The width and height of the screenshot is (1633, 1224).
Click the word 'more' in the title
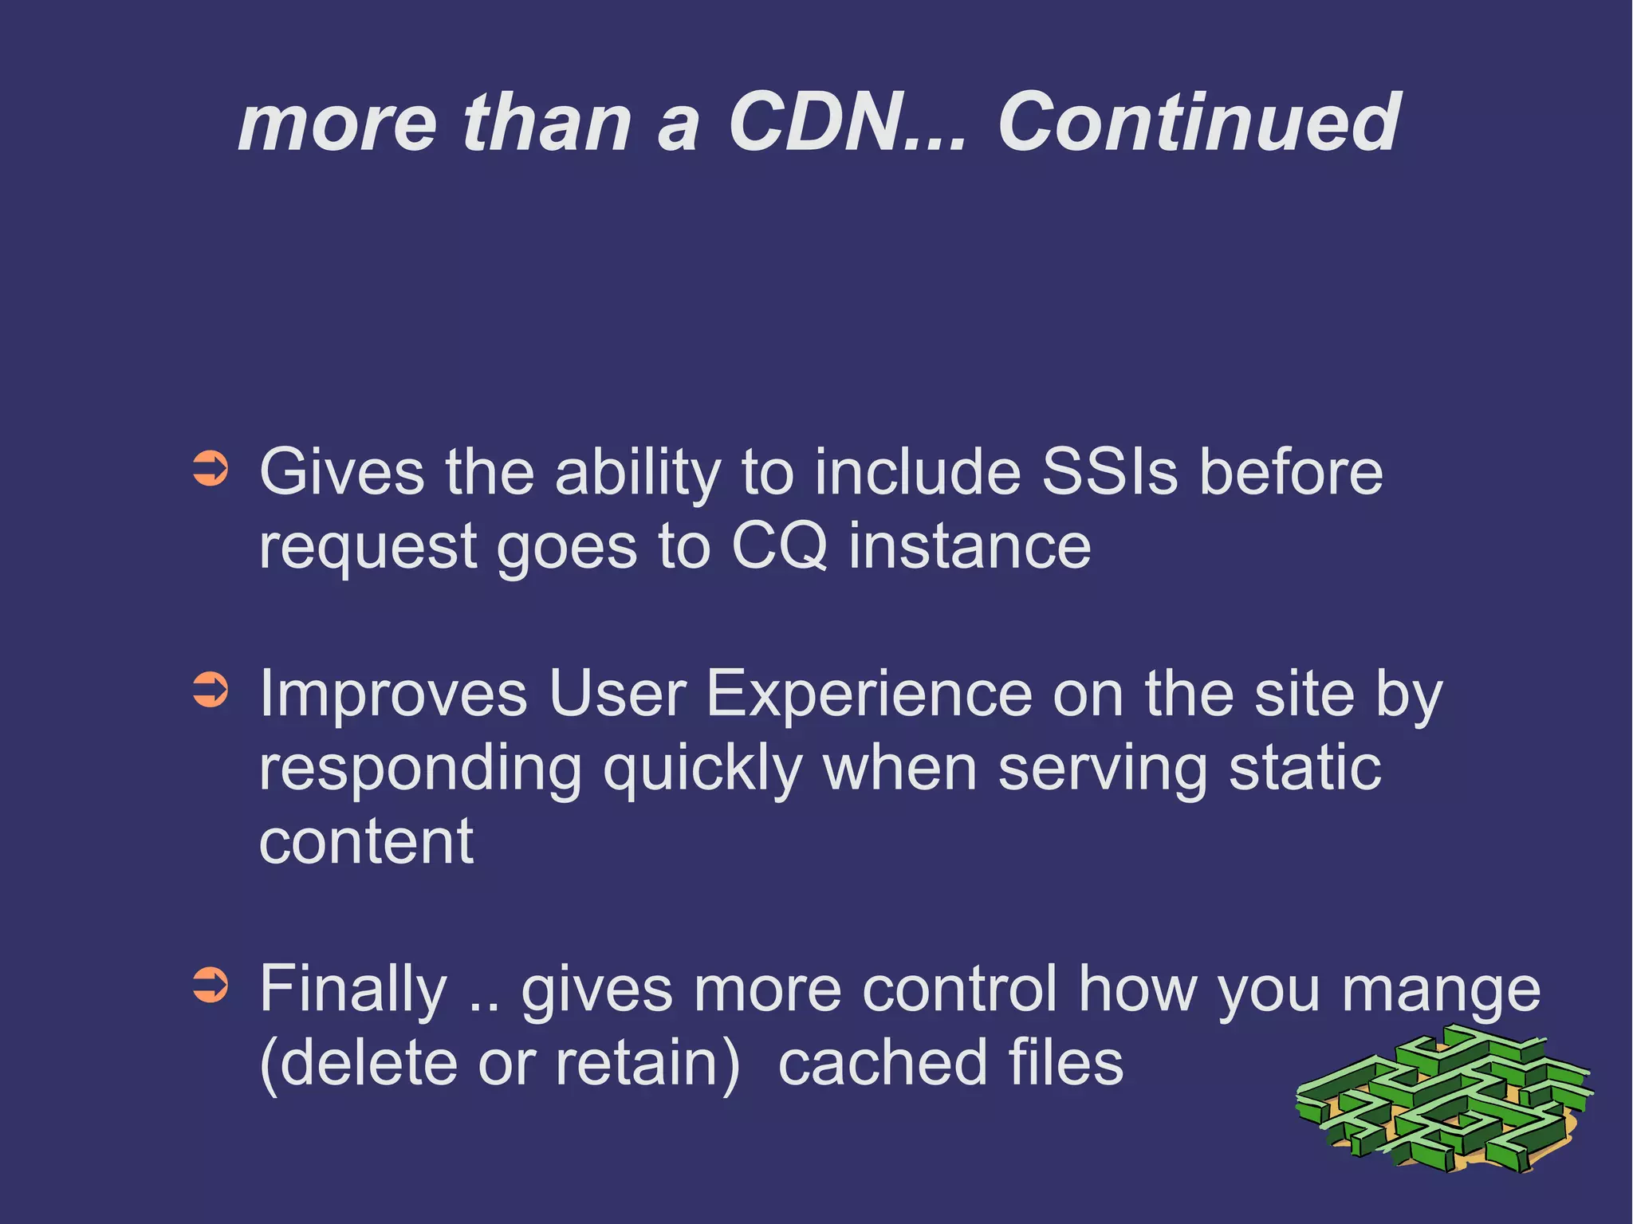click(x=337, y=124)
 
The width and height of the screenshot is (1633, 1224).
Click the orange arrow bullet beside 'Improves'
click(x=211, y=690)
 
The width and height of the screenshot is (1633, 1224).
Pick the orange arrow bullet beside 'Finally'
click(x=211, y=985)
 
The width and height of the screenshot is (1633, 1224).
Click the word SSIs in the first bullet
click(x=1109, y=472)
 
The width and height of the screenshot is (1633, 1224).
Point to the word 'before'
click(x=1291, y=472)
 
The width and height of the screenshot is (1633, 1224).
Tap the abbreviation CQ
click(x=779, y=546)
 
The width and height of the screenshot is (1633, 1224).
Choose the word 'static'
click(x=1304, y=767)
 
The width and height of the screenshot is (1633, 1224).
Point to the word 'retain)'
click(x=647, y=1063)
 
